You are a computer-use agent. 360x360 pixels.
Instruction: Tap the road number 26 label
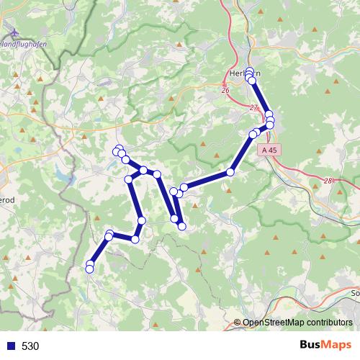point(225,90)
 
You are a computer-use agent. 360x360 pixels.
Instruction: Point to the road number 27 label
point(253,107)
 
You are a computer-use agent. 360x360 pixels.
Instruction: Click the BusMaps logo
point(325,345)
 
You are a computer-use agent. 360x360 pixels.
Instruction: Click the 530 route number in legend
point(30,346)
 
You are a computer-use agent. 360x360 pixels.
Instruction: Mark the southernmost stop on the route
point(89,269)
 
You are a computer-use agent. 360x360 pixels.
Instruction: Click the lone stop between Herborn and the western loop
point(230,171)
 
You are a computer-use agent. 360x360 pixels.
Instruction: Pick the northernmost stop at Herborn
point(250,71)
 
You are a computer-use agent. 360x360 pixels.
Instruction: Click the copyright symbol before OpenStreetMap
point(238,323)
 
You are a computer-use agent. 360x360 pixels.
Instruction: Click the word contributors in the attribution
point(329,323)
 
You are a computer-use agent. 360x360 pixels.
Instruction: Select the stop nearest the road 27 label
point(268,114)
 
